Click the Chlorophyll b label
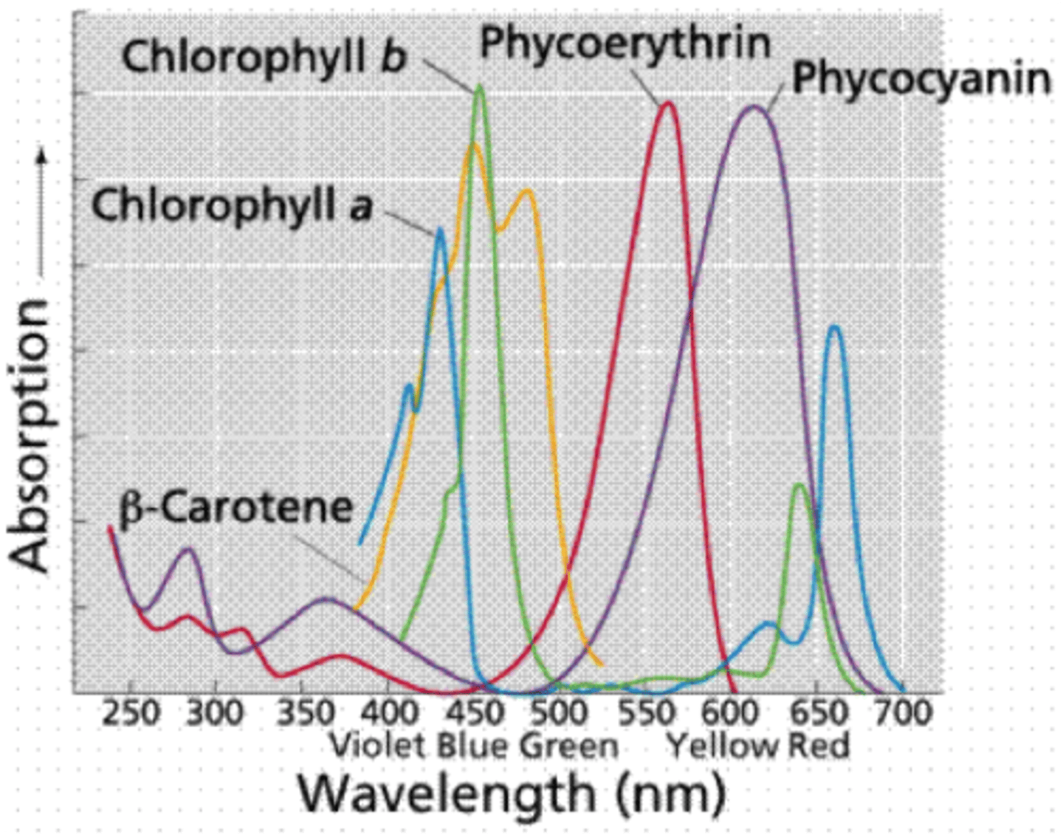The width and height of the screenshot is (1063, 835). click(x=264, y=57)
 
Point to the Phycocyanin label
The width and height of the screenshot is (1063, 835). click(x=921, y=78)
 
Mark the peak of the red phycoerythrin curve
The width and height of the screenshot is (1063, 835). click(x=669, y=103)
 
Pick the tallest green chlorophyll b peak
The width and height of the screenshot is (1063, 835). click(x=480, y=86)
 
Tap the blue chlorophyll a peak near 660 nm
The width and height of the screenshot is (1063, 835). click(x=834, y=326)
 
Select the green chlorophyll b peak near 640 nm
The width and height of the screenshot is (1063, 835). click(x=799, y=485)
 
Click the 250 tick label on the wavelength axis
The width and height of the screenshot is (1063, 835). click(x=130, y=714)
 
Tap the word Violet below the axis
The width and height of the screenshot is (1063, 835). click(x=377, y=746)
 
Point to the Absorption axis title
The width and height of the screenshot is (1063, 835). click(x=30, y=436)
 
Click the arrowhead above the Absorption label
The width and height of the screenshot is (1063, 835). click(x=41, y=156)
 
